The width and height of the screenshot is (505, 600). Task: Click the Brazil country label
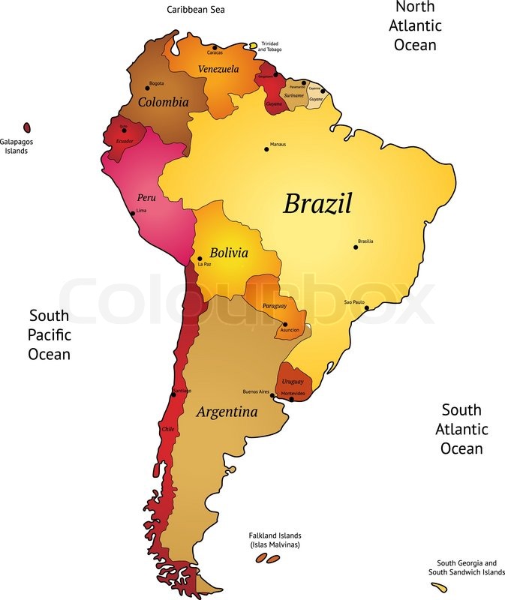317,204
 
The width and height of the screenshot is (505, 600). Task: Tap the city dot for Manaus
266,149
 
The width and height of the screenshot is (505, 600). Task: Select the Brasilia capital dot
356,247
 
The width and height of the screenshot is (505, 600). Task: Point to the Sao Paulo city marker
366,307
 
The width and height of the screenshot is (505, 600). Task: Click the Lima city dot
133,213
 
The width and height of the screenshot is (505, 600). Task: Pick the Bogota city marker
147,88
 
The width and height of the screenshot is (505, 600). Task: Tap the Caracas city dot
215,47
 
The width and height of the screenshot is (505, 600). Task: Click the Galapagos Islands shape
27,128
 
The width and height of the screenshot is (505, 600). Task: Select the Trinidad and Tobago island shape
254,44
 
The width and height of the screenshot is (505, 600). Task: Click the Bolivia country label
229,253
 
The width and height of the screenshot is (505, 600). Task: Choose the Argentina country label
227,412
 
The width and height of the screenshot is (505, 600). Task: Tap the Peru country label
146,198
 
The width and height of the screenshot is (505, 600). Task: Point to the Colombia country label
163,102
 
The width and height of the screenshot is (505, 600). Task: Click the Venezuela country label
218,69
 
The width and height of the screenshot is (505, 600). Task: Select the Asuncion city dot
285,324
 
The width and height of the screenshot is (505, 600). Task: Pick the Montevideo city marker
291,399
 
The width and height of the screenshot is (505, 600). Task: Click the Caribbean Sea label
196,10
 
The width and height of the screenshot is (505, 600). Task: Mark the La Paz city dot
200,259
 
